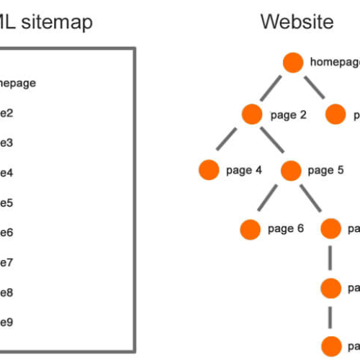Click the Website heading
[297, 22]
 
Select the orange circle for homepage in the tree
[293, 63]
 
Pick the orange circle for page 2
[252, 114]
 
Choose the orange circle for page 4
[209, 171]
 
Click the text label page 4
[244, 171]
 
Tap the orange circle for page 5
[291, 171]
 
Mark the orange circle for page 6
[250, 229]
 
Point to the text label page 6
[285, 229]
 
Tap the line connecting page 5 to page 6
[271, 199]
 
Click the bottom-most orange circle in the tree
[330, 345]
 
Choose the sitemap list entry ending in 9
[6, 322]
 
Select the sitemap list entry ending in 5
[6, 202]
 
